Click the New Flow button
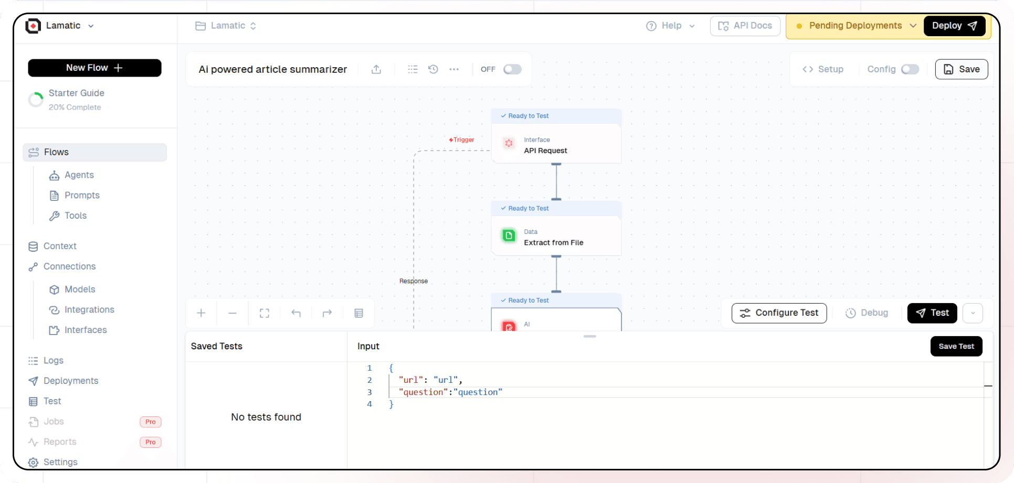pos(94,68)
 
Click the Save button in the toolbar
pos(961,69)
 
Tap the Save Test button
pos(956,346)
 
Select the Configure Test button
pos(779,313)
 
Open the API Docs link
pos(745,26)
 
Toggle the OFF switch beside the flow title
pos(512,69)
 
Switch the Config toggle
pos(910,69)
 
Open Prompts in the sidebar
pos(82,195)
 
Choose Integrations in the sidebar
pos(89,309)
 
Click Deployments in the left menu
pos(71,381)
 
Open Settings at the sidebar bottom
pos(60,462)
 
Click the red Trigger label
pos(462,140)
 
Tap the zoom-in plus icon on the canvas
pos(201,313)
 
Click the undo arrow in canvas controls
pos(296,313)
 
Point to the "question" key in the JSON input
pos(423,392)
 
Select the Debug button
pos(867,313)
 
